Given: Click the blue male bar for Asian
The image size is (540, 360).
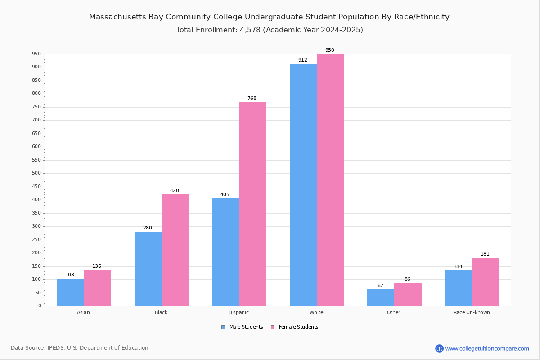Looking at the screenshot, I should [x=70, y=292].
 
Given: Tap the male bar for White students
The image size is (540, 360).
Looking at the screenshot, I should [x=303, y=185].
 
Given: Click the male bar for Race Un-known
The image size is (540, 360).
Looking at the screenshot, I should [x=458, y=288].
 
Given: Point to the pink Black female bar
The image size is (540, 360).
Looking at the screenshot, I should [x=175, y=250].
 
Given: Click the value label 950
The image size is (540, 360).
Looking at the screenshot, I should [x=329, y=50].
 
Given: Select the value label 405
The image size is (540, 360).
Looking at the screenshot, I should [x=225, y=195].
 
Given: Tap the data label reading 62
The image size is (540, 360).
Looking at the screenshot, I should [x=380, y=286].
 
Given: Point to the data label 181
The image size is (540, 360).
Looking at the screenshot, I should [x=485, y=254].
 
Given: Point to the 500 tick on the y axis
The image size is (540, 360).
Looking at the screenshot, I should [x=36, y=173].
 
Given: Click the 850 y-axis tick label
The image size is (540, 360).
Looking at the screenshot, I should [x=36, y=81].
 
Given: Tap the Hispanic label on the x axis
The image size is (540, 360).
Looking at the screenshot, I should [x=238, y=312].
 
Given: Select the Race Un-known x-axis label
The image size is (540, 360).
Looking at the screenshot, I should [x=472, y=312].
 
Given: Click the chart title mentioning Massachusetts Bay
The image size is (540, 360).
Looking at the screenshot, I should [x=269, y=17].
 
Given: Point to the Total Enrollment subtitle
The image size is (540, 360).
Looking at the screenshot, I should [x=269, y=30].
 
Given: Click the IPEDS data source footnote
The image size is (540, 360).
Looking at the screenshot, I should [x=80, y=348].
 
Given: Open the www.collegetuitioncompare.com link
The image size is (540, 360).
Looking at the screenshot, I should [x=487, y=348].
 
